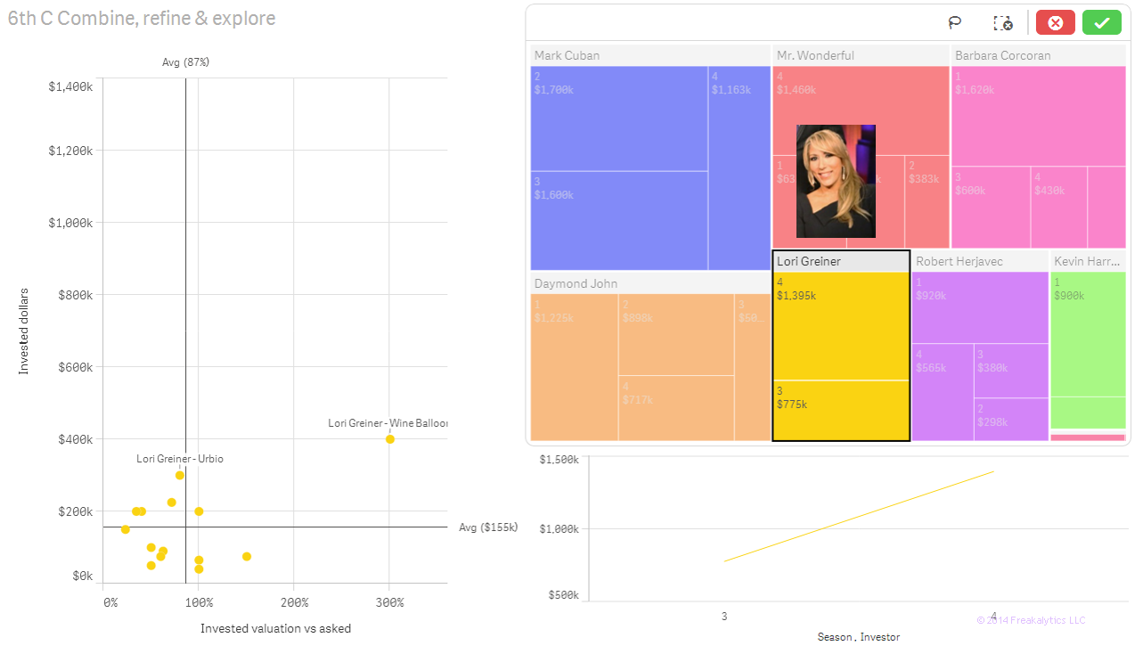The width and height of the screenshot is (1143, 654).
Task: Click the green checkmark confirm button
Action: (x=1101, y=23)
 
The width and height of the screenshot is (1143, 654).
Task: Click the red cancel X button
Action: (x=1055, y=23)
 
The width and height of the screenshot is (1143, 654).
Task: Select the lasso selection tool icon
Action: (x=955, y=23)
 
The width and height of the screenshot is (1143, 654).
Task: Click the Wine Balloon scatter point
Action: (x=389, y=439)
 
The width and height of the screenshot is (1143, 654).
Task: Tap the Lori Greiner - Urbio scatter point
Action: (x=180, y=475)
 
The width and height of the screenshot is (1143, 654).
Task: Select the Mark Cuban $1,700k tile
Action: (x=618, y=119)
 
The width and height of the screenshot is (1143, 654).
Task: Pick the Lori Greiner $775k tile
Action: (x=840, y=410)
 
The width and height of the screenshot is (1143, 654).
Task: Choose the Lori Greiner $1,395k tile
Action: (x=840, y=325)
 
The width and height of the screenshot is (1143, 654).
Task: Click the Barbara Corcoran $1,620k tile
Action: (x=1038, y=116)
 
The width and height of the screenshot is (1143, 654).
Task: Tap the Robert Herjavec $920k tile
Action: (x=979, y=307)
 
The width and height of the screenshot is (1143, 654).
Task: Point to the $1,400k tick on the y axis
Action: (x=70, y=86)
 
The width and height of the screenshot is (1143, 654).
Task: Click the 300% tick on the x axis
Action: (x=389, y=602)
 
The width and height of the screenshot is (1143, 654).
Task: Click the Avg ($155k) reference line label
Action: (x=487, y=527)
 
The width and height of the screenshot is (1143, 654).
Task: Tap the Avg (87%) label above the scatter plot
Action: (x=185, y=62)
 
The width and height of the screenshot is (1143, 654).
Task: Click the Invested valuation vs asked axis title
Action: (x=275, y=629)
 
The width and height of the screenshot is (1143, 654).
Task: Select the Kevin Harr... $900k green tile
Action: (x=1087, y=334)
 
